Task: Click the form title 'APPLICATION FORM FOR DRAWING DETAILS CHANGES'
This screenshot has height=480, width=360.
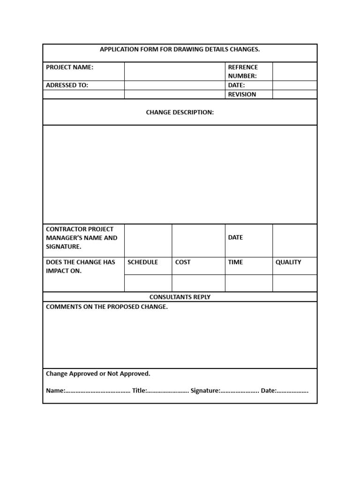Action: pos(180,49)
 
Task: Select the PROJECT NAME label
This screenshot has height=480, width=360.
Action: pos(69,67)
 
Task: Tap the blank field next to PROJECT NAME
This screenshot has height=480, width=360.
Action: pos(174,71)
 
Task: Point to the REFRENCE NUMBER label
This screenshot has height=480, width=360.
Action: pos(243,71)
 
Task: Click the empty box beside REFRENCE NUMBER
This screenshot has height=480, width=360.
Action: pos(294,71)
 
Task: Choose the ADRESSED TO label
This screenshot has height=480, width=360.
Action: pos(67,85)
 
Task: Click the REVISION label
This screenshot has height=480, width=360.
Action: pos(242,94)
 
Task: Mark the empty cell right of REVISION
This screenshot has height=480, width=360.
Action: pos(294,94)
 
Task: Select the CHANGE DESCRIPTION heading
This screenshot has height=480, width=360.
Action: pos(180,112)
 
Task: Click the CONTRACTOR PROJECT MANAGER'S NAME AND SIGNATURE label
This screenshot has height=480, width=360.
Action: pos(82,238)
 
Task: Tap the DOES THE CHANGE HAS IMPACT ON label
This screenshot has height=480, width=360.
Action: pos(80,267)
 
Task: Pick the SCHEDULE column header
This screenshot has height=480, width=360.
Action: pos(142,262)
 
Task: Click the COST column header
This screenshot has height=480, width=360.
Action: pos(183,262)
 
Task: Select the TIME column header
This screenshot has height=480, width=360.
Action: pos(235,262)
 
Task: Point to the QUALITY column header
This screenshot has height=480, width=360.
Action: pos(288,262)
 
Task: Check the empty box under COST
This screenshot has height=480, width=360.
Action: pos(198,283)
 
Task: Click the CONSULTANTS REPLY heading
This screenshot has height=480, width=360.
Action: pos(180,297)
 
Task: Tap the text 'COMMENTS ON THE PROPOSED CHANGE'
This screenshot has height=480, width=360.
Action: pos(106,307)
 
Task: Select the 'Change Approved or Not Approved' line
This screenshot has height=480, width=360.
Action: pos(98,374)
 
